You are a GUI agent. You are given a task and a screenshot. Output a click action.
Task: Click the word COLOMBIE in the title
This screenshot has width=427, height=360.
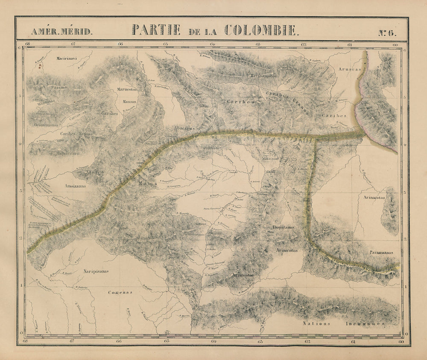pos(262,29)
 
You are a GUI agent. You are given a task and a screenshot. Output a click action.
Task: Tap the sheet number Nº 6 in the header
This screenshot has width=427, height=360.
pos(387,32)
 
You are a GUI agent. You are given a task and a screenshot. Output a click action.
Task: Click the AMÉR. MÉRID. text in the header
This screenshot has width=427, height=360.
pos(61,32)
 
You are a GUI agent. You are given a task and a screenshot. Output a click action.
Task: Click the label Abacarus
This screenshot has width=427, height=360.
pos(184,128)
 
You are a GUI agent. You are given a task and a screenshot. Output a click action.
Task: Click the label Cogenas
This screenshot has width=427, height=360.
pos(120,293)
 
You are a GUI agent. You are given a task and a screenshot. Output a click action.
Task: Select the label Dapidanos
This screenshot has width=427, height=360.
pos(283,228)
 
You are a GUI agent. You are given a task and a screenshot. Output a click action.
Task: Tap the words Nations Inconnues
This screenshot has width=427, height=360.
pos(344,323)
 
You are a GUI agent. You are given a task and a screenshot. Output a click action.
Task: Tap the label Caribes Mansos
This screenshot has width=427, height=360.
pos(76,134)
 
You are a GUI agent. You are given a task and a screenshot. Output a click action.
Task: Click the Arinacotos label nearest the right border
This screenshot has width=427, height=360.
pos(372,198)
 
